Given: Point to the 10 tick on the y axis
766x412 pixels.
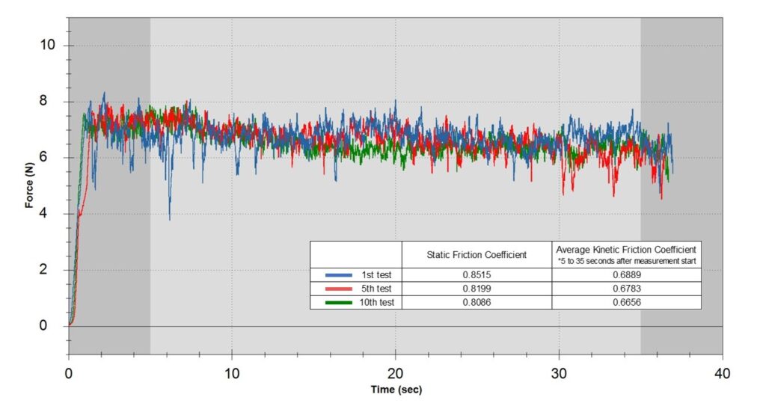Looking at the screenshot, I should (48, 46).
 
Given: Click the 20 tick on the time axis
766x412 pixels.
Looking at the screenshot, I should (396, 371).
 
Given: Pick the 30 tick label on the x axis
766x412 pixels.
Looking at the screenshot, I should (559, 371).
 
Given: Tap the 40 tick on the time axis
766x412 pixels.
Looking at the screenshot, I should (723, 371).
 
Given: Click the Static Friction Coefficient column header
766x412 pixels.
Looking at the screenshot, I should (477, 255).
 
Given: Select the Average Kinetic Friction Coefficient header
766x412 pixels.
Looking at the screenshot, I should (627, 249).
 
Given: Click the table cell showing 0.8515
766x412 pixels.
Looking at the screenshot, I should (477, 275).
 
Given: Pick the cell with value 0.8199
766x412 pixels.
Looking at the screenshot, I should (477, 289).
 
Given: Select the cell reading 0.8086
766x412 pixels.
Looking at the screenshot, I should (477, 303).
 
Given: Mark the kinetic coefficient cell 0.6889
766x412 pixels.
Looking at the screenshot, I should (627, 275).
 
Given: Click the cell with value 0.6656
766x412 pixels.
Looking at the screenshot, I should (627, 303).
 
